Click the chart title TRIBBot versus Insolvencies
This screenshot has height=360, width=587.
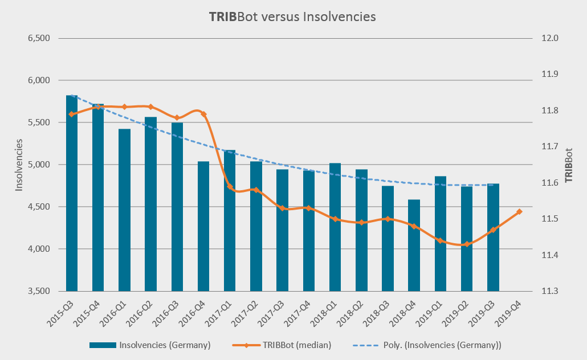[292, 17]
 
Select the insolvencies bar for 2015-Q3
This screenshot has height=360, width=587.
[72, 194]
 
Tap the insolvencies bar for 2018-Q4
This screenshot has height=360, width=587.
[414, 245]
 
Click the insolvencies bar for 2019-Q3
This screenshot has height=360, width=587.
[493, 237]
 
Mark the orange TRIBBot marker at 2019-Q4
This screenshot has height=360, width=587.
[519, 212]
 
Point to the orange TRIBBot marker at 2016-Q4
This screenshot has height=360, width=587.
[203, 114]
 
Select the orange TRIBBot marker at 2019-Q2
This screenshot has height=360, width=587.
[467, 244]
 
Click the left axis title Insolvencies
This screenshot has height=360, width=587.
[19, 165]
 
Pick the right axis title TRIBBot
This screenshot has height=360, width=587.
[568, 165]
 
